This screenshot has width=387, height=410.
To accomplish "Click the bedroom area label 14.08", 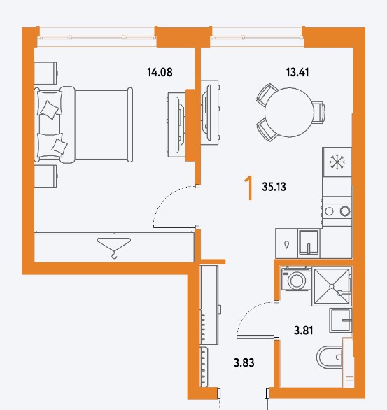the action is (x=160, y=72).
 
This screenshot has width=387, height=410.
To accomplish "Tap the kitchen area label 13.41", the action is (x=297, y=72).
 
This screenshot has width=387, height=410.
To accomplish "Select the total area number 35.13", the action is (x=274, y=187).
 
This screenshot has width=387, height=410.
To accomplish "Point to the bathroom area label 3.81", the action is (x=303, y=330).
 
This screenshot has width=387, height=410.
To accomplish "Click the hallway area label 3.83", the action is (x=244, y=363).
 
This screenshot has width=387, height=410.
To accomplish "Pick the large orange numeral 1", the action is (x=249, y=188).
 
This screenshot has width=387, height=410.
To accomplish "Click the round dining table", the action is (x=289, y=113).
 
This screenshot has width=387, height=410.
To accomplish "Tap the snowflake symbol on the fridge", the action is (x=337, y=162).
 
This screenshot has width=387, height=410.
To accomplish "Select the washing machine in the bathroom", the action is (x=296, y=278).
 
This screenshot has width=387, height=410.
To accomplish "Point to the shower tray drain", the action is (x=332, y=287).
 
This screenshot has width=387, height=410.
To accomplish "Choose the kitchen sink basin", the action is (x=309, y=242).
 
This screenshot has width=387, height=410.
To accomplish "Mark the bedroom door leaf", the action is (x=174, y=227).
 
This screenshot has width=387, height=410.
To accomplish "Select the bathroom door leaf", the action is (x=255, y=337).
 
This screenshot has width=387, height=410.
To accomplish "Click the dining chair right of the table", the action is (x=319, y=113).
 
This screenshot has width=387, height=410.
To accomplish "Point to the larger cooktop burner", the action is (x=345, y=211).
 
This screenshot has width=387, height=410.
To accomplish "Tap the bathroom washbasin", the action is (x=340, y=320).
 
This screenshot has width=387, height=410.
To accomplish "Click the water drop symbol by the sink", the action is (x=287, y=245).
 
